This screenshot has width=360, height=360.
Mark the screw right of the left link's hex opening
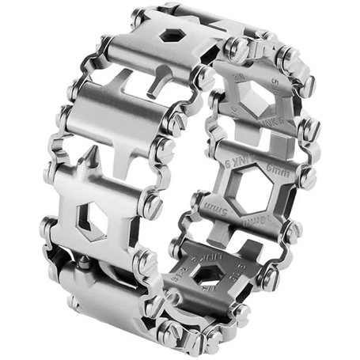coord(150,207)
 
